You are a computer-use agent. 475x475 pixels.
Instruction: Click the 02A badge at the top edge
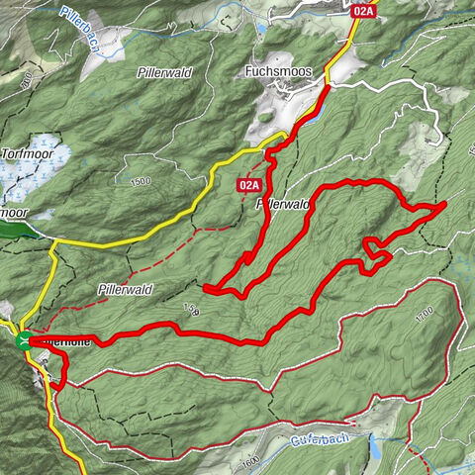[x=363, y=11]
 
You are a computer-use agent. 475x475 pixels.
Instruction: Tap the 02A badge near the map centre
[x=248, y=185]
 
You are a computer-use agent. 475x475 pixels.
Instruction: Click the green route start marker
[x=23, y=342]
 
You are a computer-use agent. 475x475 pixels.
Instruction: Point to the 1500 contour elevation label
[x=140, y=182]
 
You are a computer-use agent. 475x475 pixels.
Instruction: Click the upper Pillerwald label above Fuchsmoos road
[x=165, y=72]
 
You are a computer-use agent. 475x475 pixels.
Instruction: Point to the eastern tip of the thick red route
[x=443, y=203]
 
